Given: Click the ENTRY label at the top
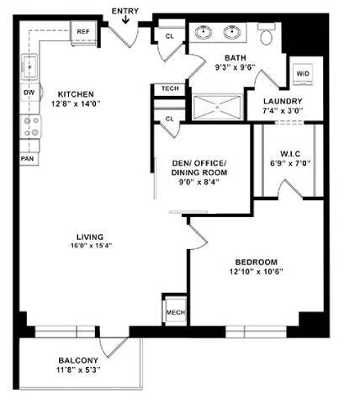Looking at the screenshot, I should click(x=125, y=10).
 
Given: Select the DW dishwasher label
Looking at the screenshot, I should click(x=29, y=93).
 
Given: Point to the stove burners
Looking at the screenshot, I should click(x=30, y=126).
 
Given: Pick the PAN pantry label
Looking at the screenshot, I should click(x=28, y=157).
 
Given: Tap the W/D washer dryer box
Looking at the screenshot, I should click(x=301, y=74).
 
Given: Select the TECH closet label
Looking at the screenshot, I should click(x=168, y=89).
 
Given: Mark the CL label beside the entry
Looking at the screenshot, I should click(x=169, y=35).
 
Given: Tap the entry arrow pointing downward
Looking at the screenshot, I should click(x=125, y=19).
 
